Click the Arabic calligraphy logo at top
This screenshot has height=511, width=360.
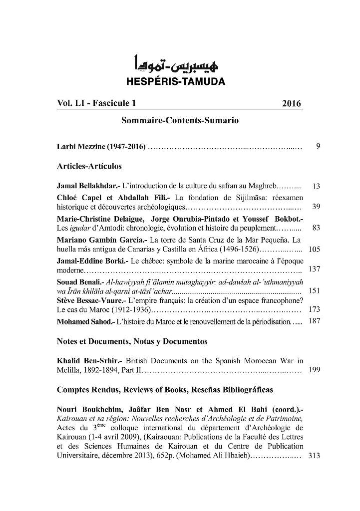179,65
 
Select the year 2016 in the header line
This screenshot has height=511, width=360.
291,104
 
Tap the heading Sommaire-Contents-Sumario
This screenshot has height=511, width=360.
180,121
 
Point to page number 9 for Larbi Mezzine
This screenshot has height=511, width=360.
318,147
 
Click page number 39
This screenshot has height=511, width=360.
316,207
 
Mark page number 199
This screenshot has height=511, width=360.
315,370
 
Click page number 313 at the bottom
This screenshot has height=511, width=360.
315,456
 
